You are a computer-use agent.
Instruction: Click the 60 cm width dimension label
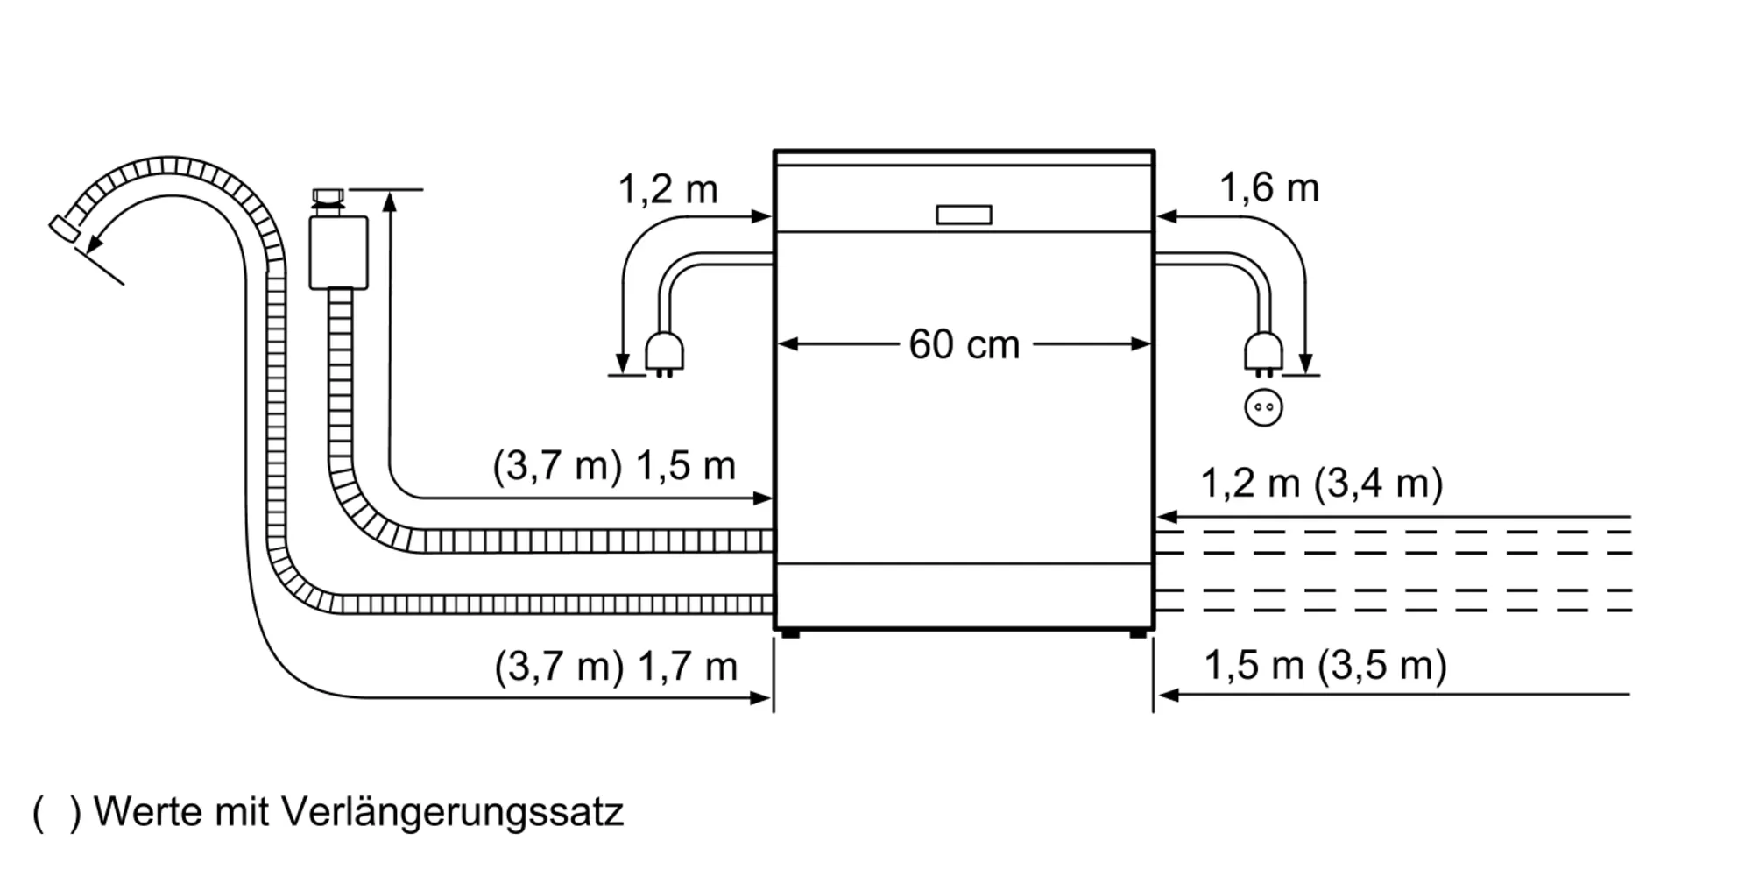(x=964, y=344)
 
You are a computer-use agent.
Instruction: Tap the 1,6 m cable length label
(x=1268, y=188)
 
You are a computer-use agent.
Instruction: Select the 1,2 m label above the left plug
(x=668, y=189)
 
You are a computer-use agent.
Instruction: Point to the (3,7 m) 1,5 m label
(x=614, y=466)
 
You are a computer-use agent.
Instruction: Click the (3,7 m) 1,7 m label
(x=616, y=667)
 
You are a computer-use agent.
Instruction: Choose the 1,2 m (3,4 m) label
(x=1321, y=484)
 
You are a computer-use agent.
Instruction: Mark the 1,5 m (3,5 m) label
(x=1325, y=666)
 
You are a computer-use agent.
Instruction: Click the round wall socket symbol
(x=1263, y=407)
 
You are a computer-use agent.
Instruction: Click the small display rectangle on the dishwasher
(x=964, y=215)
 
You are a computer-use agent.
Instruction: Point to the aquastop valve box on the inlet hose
(x=338, y=252)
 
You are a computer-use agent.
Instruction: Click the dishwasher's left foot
(x=790, y=633)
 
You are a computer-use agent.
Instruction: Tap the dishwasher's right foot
(x=1137, y=633)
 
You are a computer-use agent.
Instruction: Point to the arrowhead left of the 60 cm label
(x=787, y=344)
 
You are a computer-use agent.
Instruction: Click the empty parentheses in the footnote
(x=57, y=813)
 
